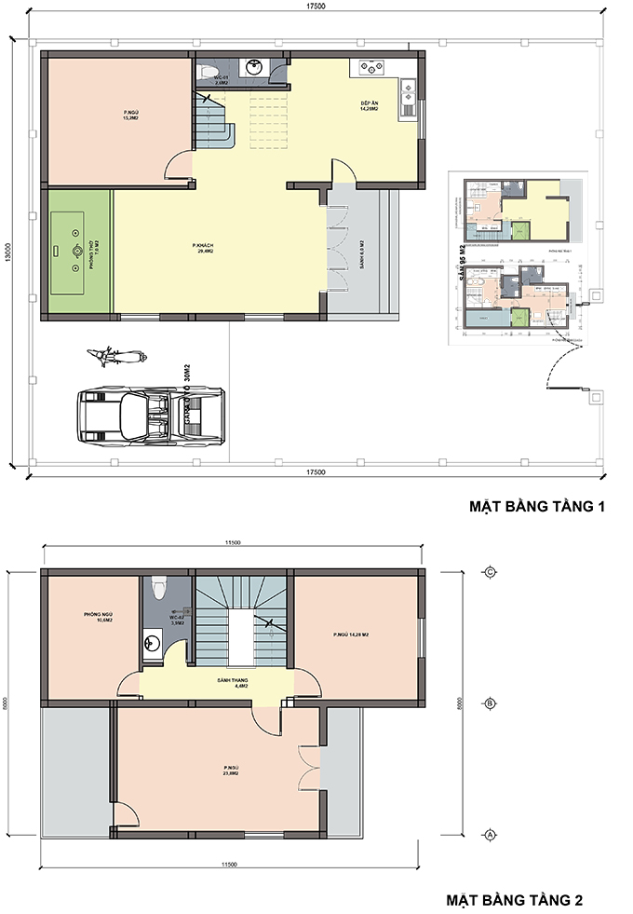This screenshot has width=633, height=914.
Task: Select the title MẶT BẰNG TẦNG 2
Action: (514, 901)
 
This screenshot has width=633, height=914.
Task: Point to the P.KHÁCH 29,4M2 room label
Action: (205, 249)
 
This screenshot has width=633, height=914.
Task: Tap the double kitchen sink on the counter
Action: (408, 94)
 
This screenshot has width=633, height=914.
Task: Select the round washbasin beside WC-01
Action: (251, 68)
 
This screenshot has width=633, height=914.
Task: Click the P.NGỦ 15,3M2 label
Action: (131, 116)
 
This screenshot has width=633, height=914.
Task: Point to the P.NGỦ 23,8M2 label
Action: (231, 771)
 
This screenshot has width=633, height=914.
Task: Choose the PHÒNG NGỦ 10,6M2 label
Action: (98, 618)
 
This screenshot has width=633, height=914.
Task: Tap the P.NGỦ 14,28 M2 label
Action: (351, 635)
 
